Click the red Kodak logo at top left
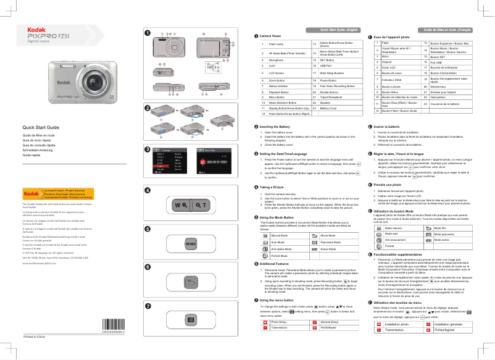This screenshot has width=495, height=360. click(x=36, y=28)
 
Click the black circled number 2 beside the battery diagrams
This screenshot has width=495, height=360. click(x=147, y=107)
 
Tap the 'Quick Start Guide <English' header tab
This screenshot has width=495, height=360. click(x=338, y=30)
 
